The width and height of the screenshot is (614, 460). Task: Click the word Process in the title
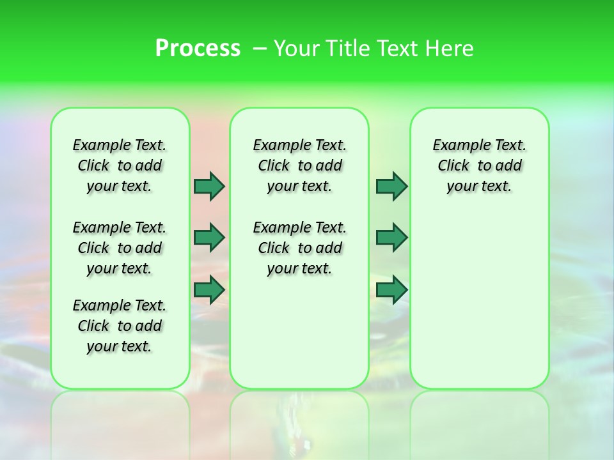pyautogui.click(x=198, y=48)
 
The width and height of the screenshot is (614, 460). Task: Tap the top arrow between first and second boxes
pyautogui.click(x=209, y=186)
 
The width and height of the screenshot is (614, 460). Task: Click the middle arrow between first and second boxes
pyautogui.click(x=209, y=238)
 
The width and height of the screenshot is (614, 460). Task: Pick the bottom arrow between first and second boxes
pyautogui.click(x=209, y=290)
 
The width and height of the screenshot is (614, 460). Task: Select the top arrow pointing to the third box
pyautogui.click(x=391, y=186)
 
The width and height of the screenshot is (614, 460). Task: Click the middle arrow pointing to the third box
pyautogui.click(x=391, y=238)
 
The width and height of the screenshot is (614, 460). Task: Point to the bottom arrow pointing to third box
pyautogui.click(x=391, y=290)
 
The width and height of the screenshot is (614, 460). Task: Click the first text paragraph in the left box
pyautogui.click(x=120, y=165)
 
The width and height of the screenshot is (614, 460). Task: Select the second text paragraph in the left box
pyautogui.click(x=120, y=248)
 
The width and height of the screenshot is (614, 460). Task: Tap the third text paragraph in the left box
pyautogui.click(x=120, y=326)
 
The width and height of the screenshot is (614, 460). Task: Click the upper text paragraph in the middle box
pyautogui.click(x=299, y=165)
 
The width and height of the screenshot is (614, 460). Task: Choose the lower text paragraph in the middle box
pyautogui.click(x=299, y=248)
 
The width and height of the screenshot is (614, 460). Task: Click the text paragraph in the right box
pyautogui.click(x=479, y=165)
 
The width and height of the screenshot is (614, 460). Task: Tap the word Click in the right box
pyautogui.click(x=453, y=166)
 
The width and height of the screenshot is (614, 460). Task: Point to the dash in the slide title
pyautogui.click(x=260, y=48)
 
